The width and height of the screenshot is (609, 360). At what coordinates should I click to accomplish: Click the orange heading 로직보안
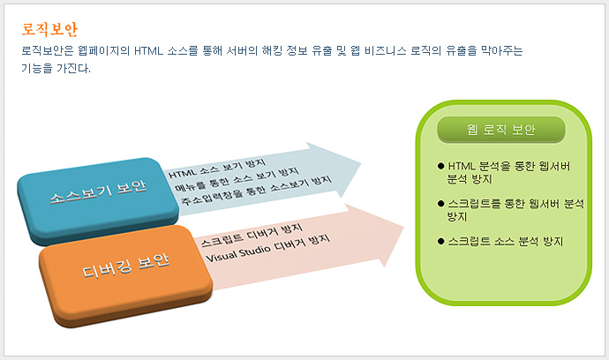pyautogui.click(x=49, y=29)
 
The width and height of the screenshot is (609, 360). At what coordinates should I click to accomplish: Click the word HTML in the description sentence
pyautogui.click(x=148, y=51)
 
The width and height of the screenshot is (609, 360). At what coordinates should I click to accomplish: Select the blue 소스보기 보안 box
pyautogui.click(x=98, y=200)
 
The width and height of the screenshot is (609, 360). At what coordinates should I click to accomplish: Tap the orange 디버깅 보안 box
pyautogui.click(x=125, y=275)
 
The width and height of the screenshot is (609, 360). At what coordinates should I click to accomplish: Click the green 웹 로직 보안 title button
pyautogui.click(x=501, y=130)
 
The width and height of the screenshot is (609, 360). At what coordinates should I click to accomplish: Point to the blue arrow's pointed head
pyautogui.click(x=360, y=163)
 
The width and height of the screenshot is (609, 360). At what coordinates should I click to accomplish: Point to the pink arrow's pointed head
pyautogui.click(x=403, y=228)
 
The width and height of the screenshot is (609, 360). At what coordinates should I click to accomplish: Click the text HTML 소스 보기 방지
pyautogui.click(x=217, y=169)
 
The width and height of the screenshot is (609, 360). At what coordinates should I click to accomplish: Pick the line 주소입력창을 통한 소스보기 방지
pyautogui.click(x=257, y=191)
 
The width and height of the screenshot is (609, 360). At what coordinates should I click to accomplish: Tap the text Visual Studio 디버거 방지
pyautogui.click(x=268, y=249)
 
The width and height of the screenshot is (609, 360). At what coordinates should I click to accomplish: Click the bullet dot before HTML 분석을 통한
pyautogui.click(x=440, y=166)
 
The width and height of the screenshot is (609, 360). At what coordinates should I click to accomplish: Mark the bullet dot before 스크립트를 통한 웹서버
pyautogui.click(x=440, y=204)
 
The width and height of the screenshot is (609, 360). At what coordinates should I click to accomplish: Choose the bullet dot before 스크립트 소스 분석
pyautogui.click(x=440, y=241)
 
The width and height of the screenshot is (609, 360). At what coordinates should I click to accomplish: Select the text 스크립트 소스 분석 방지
pyautogui.click(x=506, y=241)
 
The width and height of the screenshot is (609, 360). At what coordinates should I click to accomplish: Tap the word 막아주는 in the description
pyautogui.click(x=502, y=51)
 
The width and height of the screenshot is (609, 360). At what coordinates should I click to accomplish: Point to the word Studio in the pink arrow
pyautogui.click(x=254, y=251)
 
